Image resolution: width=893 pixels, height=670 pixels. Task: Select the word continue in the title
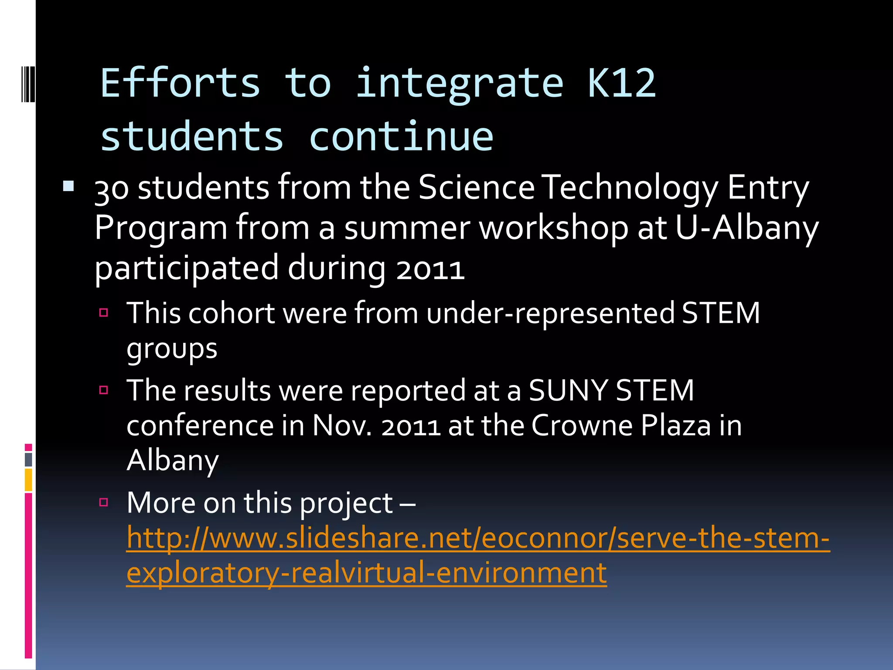[x=401, y=137]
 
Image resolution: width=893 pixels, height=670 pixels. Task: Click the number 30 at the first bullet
[x=112, y=189]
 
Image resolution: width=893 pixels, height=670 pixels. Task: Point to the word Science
[x=476, y=188]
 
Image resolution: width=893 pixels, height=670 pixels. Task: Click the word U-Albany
[x=747, y=228]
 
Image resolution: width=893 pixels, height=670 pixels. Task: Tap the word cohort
[x=232, y=313]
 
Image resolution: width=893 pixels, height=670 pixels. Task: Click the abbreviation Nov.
[x=342, y=425]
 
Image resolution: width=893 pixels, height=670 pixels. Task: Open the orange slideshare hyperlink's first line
[x=478, y=538]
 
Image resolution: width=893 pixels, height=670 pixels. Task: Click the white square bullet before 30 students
[x=68, y=187]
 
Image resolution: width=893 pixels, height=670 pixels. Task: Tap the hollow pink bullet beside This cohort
[x=104, y=312]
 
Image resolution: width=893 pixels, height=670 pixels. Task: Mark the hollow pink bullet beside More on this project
[x=104, y=502]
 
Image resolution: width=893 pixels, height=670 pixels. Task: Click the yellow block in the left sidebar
[x=28, y=479]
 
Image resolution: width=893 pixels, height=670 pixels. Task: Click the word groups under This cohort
[x=172, y=349]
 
